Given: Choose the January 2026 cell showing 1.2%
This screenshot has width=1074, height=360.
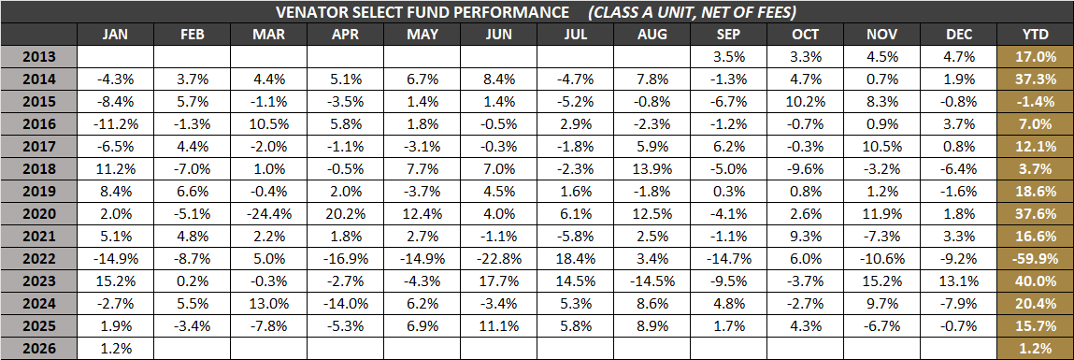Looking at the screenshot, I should pos(116,348).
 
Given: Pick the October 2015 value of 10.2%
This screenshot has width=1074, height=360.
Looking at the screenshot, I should pos(804,100).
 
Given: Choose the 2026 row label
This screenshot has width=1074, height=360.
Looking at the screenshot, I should pos(39,348).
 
